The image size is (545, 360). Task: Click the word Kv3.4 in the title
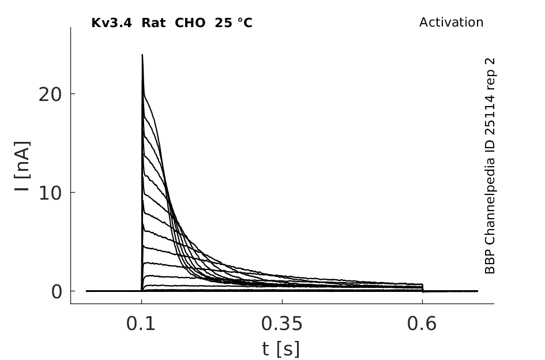(111, 23)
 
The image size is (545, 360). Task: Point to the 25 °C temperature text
(234, 23)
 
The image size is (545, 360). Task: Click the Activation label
(451, 22)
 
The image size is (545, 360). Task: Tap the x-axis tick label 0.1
(141, 324)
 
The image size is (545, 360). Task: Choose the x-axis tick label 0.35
(282, 324)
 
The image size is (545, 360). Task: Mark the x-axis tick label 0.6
(422, 324)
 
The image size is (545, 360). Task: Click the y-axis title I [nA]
(22, 166)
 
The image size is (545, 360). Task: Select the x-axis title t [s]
(280, 348)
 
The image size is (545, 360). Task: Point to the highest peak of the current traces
(142, 55)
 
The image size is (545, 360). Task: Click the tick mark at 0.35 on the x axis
(282, 301)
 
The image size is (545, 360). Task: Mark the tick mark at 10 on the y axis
(73, 192)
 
